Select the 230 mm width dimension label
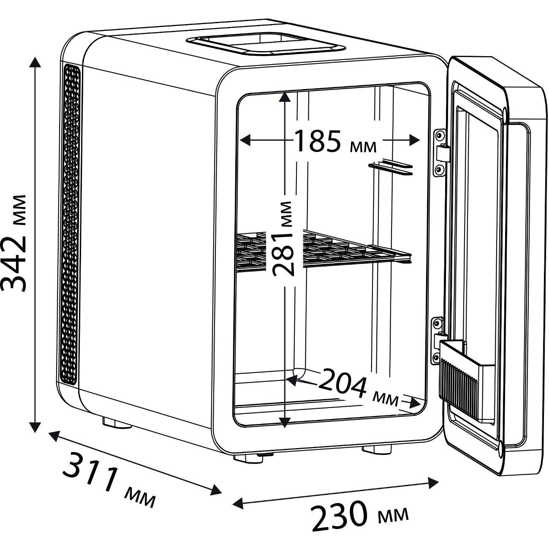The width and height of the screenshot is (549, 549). (359, 516)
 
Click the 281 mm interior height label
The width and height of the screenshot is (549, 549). (282, 239)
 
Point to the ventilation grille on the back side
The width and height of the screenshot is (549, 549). (71, 224)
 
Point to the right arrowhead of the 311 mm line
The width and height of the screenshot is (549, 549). (216, 490)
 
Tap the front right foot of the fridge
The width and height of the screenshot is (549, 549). (376, 448)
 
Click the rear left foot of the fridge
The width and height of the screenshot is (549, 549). (116, 423)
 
